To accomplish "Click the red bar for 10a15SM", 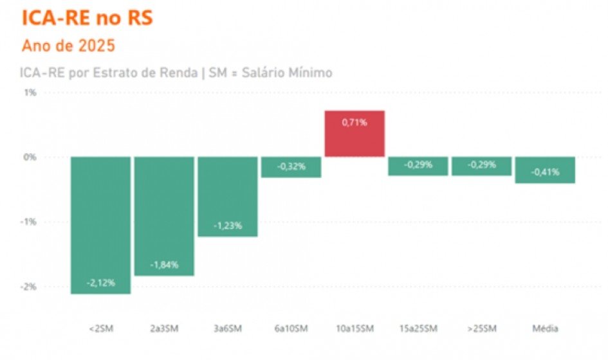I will pos(355,134).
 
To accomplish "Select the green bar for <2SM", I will pos(101,225).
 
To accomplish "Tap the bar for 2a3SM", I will pos(164,216).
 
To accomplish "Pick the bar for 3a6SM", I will pos(228,197).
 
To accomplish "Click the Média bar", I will pos(545,170).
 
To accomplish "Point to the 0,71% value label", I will pos(355,122).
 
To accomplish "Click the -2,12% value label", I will pos(102,283).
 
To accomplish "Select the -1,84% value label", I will pos(164,265).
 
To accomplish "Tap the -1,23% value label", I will pos(228,226).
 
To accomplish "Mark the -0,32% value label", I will pos(291,166).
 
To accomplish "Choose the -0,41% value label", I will pos(544,172).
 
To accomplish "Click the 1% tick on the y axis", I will pos(30,93).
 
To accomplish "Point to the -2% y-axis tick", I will pos(30,287).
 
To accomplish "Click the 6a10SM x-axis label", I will pos(291,329).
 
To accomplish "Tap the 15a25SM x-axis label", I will pos(418,329).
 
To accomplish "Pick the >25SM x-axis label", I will pos(481,329).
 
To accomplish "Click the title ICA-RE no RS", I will pos(88,19).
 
